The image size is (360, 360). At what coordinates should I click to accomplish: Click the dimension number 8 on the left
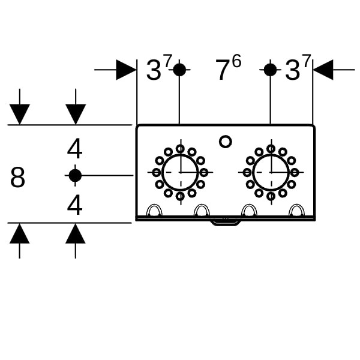(18, 178)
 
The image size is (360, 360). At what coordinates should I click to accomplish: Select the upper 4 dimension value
(75, 149)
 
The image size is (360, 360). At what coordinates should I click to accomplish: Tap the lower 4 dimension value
(74, 205)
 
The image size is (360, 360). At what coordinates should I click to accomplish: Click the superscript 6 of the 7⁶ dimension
(236, 61)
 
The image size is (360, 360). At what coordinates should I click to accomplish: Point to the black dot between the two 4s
(75, 175)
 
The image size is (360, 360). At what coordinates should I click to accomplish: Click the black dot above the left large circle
(179, 70)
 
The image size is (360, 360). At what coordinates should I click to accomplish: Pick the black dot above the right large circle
(270, 70)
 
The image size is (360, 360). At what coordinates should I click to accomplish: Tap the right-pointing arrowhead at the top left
(126, 70)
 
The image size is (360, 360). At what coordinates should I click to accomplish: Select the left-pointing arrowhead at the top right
(323, 70)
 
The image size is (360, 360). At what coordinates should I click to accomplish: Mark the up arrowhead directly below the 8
(20, 233)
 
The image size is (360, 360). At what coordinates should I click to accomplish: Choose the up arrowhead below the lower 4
(76, 233)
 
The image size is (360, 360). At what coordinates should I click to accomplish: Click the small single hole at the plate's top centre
(225, 142)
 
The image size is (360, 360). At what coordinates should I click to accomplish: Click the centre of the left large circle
(180, 172)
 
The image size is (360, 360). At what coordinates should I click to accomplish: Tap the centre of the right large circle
(271, 172)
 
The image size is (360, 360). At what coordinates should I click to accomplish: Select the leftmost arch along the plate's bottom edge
(154, 211)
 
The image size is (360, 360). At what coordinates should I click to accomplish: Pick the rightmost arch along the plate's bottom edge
(296, 211)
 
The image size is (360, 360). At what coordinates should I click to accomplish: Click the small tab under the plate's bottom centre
(225, 222)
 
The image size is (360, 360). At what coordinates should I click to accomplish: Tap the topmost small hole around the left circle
(180, 149)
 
